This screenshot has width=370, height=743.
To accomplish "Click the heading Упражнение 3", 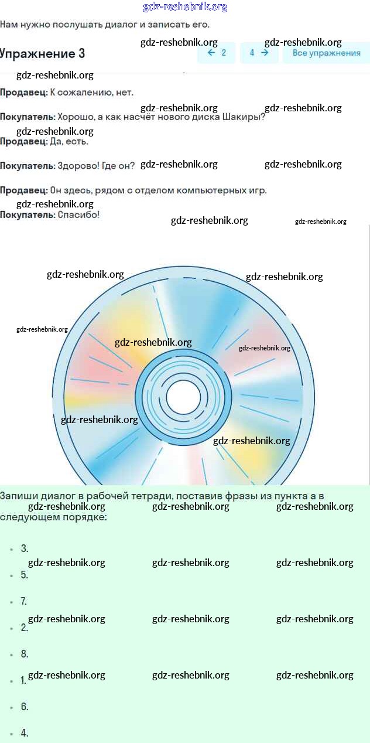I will pos(43,53).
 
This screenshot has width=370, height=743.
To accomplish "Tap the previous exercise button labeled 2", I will pos(217,53).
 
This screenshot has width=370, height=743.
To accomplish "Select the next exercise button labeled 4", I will pos(259,53).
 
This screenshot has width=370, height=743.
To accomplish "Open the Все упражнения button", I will pos(326,53).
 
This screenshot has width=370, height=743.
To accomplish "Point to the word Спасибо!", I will pos(78,215).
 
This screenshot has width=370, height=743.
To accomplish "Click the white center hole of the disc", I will pos(183,397).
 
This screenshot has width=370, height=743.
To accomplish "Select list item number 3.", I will pos(25,548).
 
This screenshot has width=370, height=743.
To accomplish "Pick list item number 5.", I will pos(25,575).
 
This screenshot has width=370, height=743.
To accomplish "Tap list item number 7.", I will pos(25,601).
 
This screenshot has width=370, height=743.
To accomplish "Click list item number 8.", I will pos(25,654).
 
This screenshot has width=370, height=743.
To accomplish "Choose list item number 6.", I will pos(25,707).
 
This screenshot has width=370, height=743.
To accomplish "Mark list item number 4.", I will pos(25,733).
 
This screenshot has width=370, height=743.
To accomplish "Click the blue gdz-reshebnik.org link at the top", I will pos(185,7).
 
